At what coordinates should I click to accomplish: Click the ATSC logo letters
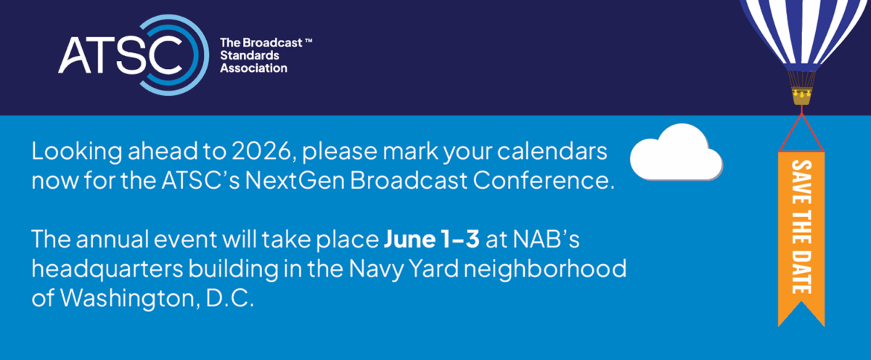pos(120,54)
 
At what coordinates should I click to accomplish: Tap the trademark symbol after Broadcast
pos(308,40)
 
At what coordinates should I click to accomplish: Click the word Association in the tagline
pos(253,68)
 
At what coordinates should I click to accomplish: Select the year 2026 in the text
pos(261,151)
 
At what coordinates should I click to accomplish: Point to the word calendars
pos(552,151)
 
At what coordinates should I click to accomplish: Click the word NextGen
pos(295,181)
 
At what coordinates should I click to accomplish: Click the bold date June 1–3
pos(432,239)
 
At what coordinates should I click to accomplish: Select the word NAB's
pos(547,239)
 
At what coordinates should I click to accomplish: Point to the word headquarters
pos(107,269)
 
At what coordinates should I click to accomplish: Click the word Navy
pos(377,269)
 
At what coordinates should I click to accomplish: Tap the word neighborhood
pos(545,269)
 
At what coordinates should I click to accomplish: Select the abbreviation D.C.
pos(229,298)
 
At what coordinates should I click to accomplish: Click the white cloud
pos(676,152)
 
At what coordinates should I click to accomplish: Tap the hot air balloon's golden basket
pos(802,97)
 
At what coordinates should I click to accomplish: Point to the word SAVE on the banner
pos(801,182)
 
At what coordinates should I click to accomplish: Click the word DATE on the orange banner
pos(801,271)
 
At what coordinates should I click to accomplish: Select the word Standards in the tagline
pos(250,55)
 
